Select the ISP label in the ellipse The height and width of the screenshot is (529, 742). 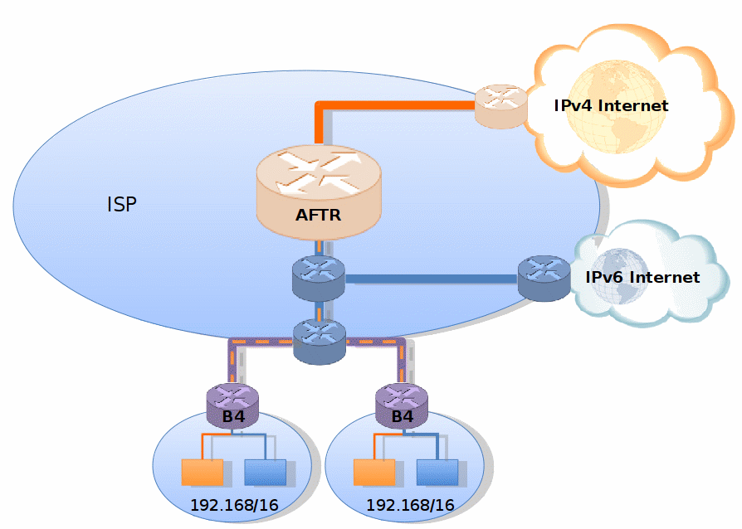121,205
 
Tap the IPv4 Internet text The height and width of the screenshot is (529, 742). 611,105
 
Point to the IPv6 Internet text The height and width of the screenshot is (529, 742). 642,277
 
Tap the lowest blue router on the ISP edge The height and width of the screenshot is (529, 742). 319,340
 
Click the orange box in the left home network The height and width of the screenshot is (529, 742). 203,472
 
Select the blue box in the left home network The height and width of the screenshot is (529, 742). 265,472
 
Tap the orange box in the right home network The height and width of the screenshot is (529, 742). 373,472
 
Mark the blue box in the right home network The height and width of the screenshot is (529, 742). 437,472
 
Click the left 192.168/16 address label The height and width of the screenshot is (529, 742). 234,504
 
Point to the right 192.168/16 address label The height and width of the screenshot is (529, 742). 410,504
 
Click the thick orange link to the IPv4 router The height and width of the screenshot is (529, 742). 390,105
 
